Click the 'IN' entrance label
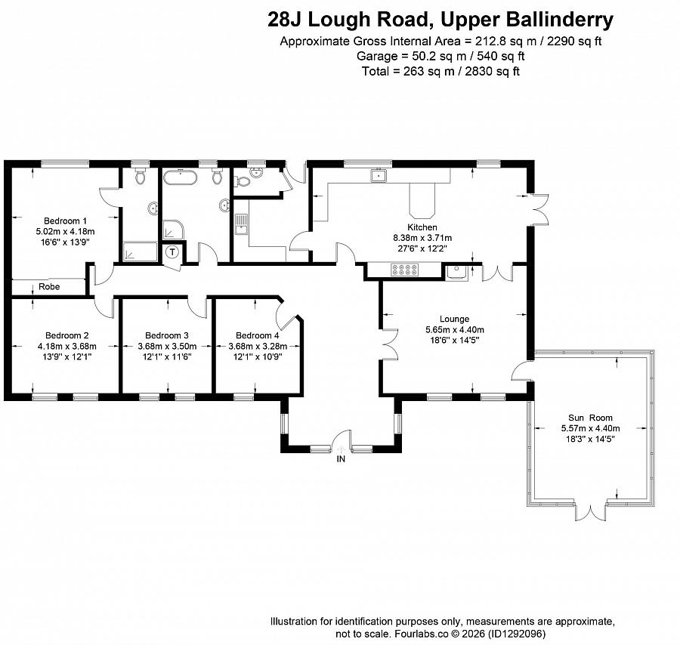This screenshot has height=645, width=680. point(341,458)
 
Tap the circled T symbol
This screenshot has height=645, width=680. point(173,252)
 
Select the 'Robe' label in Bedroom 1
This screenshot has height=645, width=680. point(49,287)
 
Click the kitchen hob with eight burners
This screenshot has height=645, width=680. point(403,270)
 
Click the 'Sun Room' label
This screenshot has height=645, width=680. point(590,418)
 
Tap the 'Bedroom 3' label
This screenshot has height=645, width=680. point(166,335)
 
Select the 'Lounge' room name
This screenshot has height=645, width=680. point(453,319)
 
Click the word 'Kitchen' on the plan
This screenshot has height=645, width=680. point(422,227)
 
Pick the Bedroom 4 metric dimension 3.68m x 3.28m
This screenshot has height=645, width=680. point(257,346)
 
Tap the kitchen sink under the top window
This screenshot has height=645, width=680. point(379,177)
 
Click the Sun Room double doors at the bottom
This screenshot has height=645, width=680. point(590,511)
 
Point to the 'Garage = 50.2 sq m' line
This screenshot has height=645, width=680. point(441,56)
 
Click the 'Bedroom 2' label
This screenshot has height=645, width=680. point(66,335)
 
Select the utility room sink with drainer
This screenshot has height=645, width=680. point(240,224)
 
